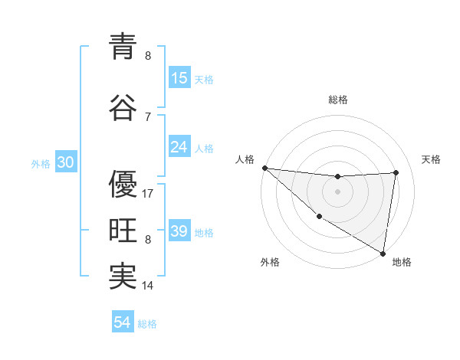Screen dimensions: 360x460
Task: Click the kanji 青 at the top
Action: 123,47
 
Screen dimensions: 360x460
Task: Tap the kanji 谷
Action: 123,108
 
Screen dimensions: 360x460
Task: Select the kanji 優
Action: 123,184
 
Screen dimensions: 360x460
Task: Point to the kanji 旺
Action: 123,230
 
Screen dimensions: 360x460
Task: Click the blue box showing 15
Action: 179,78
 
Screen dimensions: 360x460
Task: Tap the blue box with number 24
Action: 179,147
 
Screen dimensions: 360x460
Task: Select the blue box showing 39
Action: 179,231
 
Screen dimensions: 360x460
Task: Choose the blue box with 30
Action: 66,162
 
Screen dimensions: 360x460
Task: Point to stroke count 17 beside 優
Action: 149,194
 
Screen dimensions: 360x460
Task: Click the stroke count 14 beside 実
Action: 149,286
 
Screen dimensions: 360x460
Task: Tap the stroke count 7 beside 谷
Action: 147,117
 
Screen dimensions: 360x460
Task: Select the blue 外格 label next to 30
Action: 41,163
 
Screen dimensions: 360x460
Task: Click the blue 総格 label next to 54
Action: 148,324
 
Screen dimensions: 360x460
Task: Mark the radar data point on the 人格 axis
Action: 264,168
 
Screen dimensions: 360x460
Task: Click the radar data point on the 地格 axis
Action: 382,252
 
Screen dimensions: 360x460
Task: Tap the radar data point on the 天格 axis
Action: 396,172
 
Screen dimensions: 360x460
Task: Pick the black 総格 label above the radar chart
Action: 338,100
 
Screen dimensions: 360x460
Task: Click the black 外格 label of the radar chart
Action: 269,262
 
